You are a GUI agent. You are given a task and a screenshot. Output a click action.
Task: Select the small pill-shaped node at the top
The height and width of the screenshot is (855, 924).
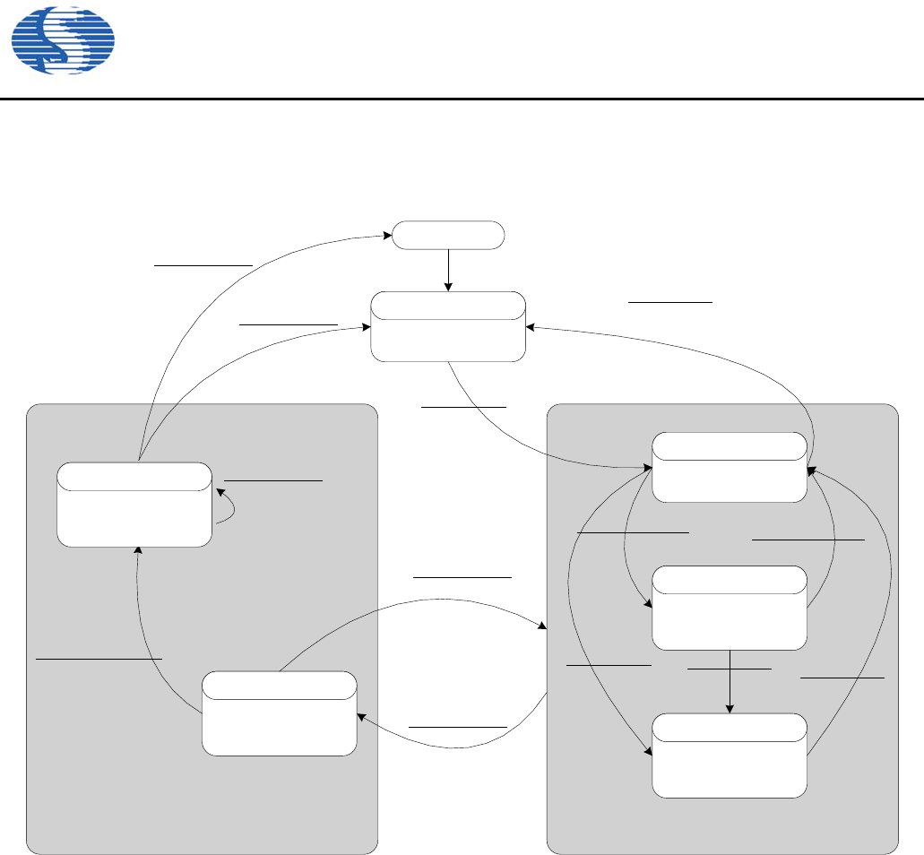[449, 236]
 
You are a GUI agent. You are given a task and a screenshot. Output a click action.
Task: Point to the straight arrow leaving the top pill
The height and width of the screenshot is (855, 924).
[448, 270]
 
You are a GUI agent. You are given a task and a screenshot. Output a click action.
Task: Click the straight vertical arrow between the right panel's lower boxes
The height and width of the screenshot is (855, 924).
[730, 681]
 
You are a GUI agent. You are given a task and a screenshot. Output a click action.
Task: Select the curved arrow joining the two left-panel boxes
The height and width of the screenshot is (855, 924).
[148, 645]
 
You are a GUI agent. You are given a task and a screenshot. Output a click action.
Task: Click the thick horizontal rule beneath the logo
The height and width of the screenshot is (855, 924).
[462, 99]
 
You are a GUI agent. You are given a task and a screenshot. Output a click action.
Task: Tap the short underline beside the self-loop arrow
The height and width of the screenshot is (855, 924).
[272, 481]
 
